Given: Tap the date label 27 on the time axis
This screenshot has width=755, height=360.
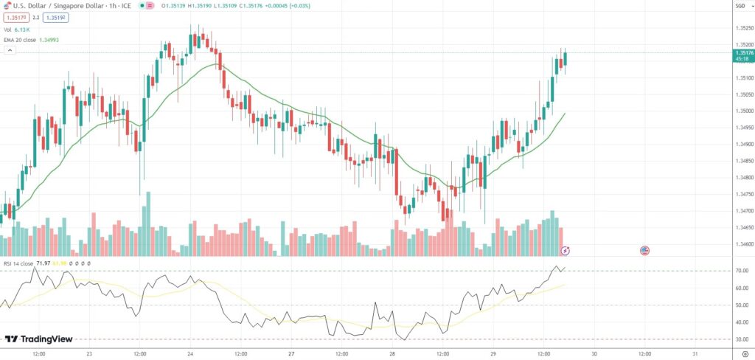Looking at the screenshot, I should [291, 353].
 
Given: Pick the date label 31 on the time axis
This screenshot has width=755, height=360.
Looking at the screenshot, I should [695, 353].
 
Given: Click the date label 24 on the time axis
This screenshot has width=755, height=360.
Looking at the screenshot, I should [190, 353].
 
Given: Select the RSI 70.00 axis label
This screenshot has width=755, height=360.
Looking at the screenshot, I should [742, 271].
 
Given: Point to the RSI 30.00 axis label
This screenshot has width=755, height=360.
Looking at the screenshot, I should [742, 339].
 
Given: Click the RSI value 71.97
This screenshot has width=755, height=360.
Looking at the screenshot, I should [43, 263].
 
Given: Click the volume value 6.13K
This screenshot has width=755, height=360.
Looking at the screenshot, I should [22, 28].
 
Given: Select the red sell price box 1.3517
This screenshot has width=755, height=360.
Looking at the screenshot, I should [15, 16].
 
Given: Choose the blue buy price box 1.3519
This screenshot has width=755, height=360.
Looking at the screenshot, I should [56, 16].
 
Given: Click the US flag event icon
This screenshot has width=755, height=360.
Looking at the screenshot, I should [644, 251].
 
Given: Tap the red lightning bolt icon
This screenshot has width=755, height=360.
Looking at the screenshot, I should [566, 251].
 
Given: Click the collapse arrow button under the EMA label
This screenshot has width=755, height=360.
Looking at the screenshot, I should [10, 50].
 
